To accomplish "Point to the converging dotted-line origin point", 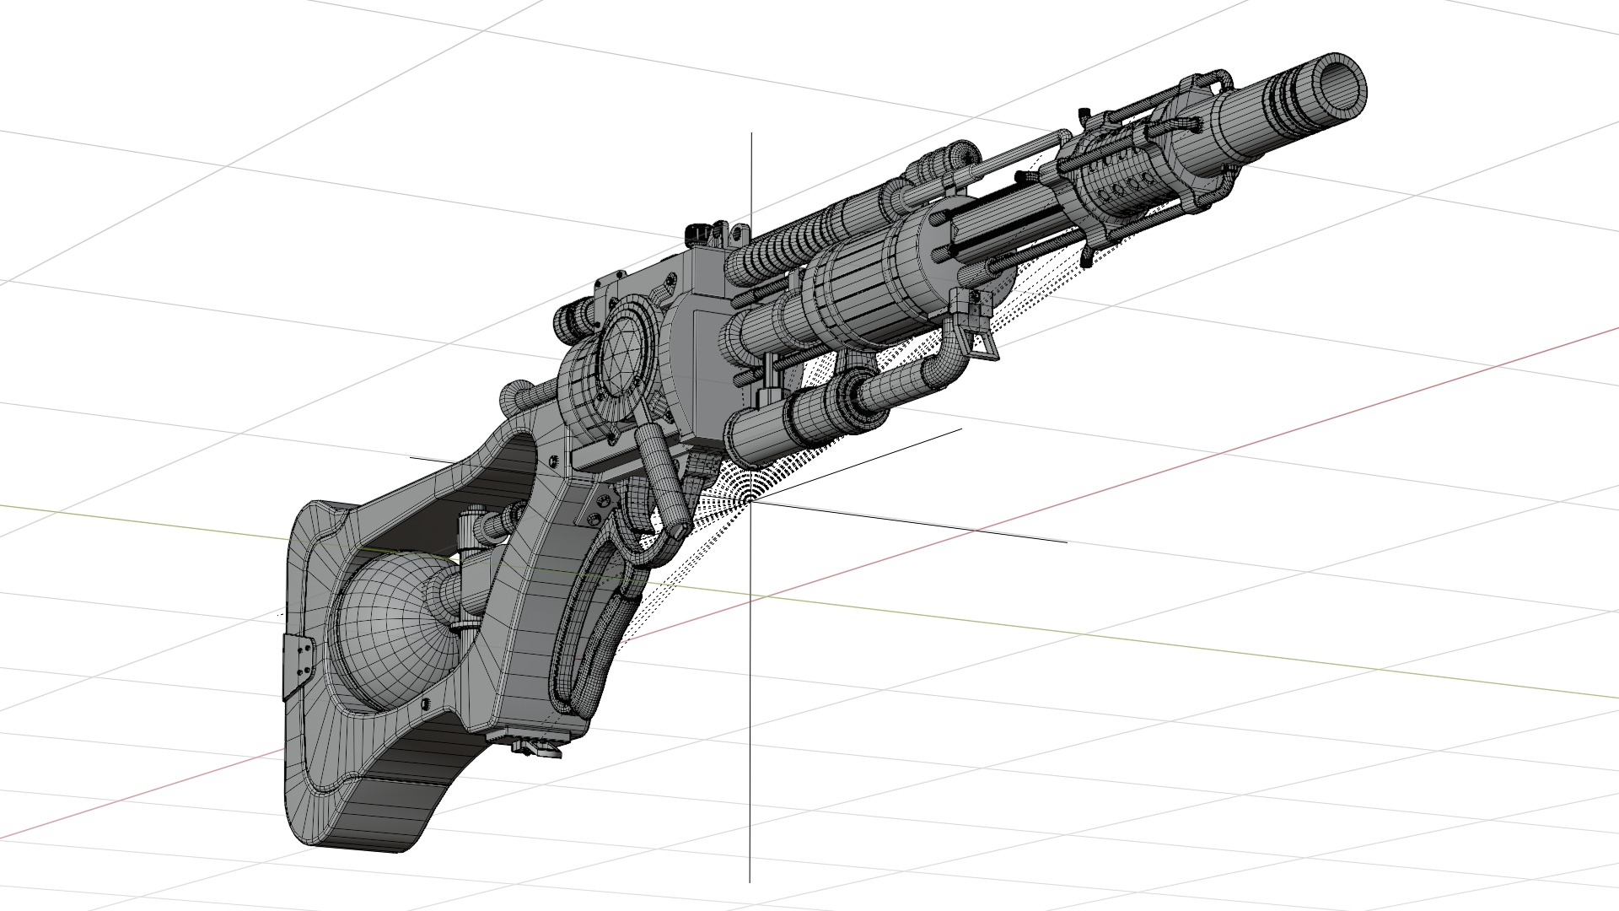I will click(747, 501).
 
